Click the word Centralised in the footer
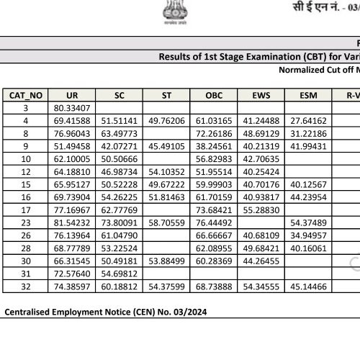[x=30, y=312]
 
